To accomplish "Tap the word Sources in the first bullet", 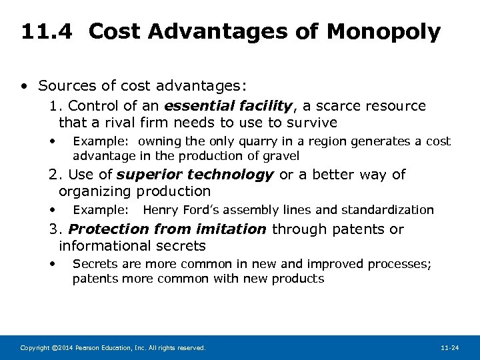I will [65, 85].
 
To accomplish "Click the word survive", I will [313, 123].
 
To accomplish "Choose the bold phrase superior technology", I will [195, 175].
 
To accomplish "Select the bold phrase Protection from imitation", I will [167, 229].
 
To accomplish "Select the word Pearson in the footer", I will [84, 348].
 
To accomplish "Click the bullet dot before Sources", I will [24, 86].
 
